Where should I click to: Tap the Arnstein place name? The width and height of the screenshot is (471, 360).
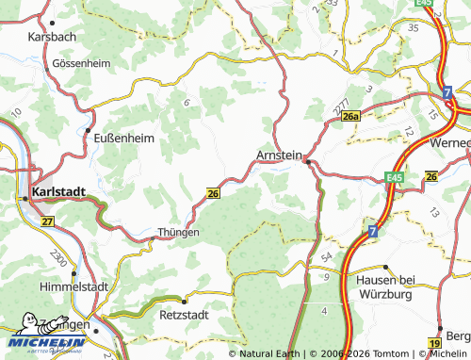click(279, 155)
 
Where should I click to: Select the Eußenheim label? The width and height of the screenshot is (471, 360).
click(124, 137)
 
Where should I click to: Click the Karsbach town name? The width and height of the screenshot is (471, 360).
click(51, 36)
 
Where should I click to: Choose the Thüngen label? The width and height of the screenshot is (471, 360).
click(179, 232)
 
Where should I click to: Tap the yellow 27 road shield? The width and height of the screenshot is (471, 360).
click(48, 221)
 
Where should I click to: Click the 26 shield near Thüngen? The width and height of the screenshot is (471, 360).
click(213, 193)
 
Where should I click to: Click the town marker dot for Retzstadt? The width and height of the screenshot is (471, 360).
click(185, 301)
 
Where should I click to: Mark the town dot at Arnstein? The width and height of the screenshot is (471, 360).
click(307, 162)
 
